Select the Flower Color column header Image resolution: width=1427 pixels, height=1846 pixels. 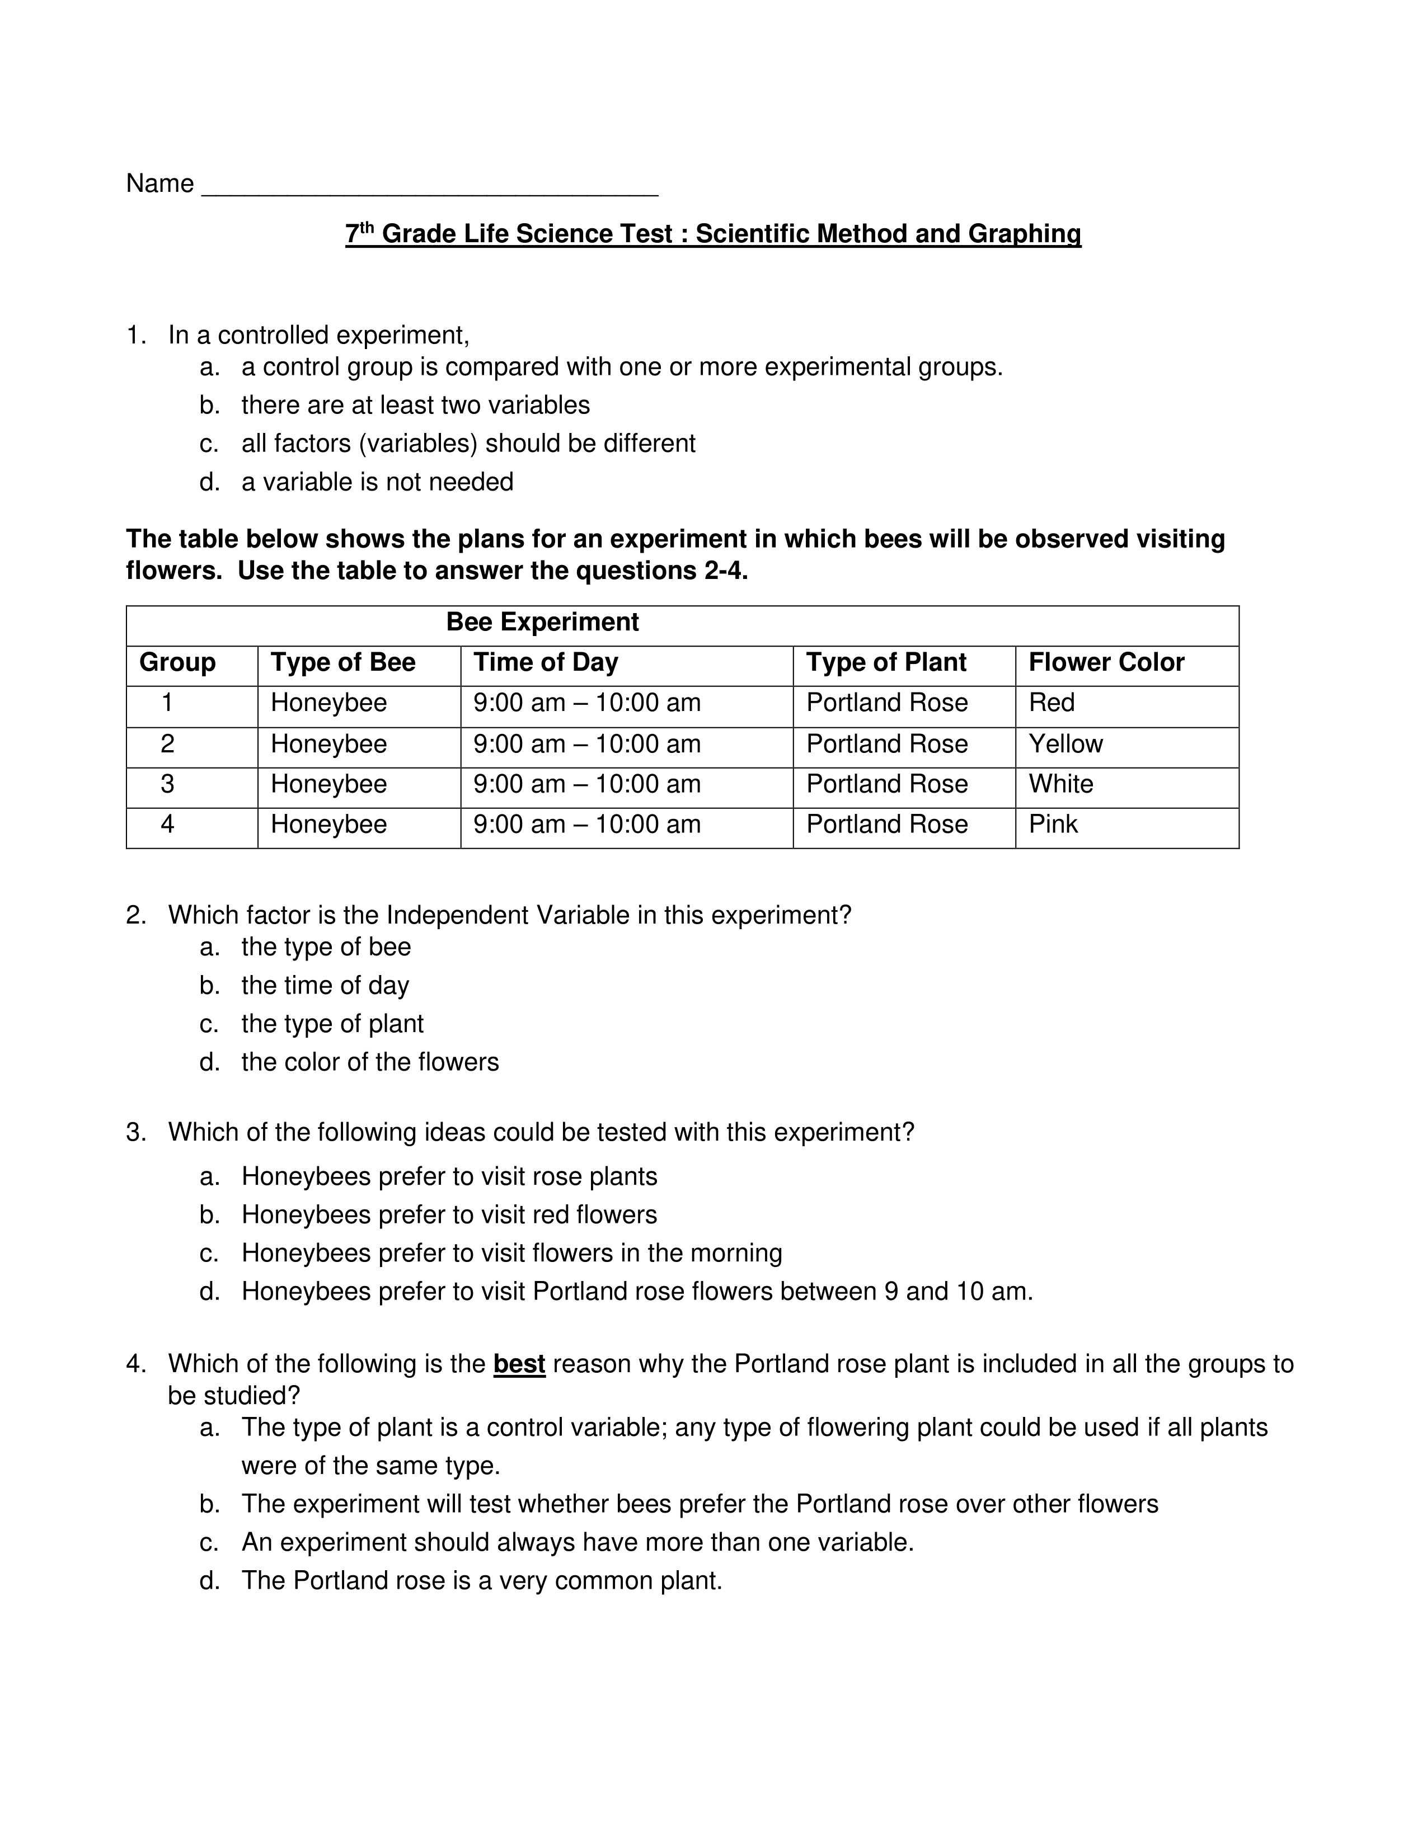(x=1106, y=663)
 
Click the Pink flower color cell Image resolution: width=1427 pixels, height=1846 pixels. (x=1053, y=824)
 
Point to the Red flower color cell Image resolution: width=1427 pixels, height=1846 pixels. (x=1051, y=703)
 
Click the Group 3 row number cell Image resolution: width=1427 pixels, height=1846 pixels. (x=167, y=784)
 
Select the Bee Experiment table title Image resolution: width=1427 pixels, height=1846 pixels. (x=542, y=622)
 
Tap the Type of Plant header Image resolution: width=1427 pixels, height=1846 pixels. (x=885, y=663)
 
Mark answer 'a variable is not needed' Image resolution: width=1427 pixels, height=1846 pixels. (x=377, y=482)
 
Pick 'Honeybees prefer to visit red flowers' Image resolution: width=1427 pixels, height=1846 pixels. (x=449, y=1214)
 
